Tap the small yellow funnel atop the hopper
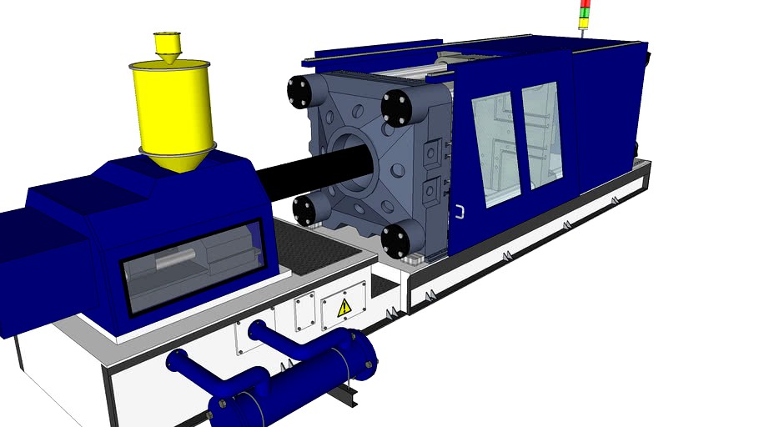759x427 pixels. click(x=167, y=45)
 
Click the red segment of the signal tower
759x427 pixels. click(x=586, y=3)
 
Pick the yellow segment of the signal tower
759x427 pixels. click(x=586, y=12)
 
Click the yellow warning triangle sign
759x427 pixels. click(x=344, y=308)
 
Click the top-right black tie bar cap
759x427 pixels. click(x=397, y=108)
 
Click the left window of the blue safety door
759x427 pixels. click(x=496, y=149)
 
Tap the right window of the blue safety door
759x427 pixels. click(x=542, y=133)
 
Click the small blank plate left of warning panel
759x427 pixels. click(x=304, y=310)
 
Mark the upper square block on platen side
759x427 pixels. click(x=431, y=154)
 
